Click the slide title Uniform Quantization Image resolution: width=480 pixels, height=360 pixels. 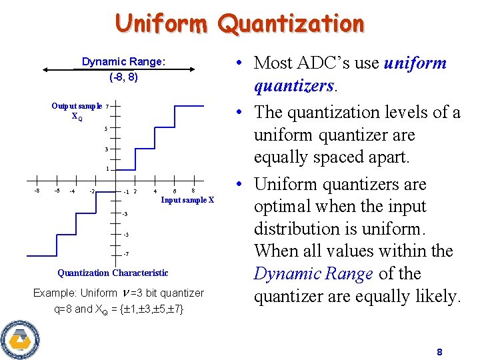pyautogui.click(x=240, y=24)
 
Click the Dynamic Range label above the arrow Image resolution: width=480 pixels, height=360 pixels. pyautogui.click(x=123, y=62)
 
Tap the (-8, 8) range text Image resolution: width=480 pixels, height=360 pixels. pyautogui.click(x=123, y=77)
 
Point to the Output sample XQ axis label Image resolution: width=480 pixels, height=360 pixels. pyautogui.click(x=77, y=111)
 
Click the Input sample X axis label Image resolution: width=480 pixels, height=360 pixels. pyautogui.click(x=188, y=200)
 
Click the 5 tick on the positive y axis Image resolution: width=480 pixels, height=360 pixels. pyautogui.click(x=106, y=128)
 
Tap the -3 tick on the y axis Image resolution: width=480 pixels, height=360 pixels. pyautogui.click(x=125, y=213)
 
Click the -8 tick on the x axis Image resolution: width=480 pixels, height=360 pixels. pyautogui.click(x=37, y=191)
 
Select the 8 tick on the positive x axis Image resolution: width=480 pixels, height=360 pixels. pyautogui.click(x=193, y=191)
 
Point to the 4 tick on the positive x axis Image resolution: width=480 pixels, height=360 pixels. pyautogui.click(x=155, y=192)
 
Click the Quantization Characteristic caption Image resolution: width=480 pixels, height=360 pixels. pyautogui.click(x=113, y=273)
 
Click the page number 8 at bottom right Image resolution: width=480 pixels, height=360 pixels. pyautogui.click(x=439, y=352)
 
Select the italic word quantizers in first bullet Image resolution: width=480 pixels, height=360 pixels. pyautogui.click(x=293, y=86)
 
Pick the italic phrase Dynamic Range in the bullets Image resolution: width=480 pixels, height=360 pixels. pyautogui.click(x=313, y=274)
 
